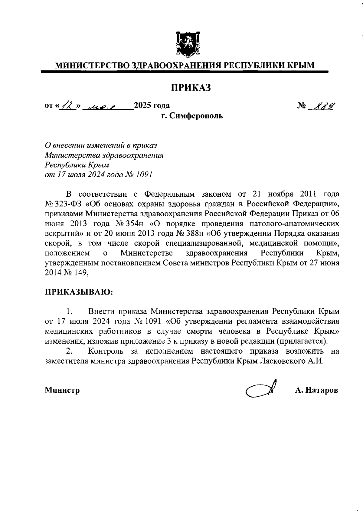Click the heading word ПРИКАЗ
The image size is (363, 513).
[191, 88]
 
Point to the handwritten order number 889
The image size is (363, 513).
[325, 106]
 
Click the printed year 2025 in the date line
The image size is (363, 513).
[143, 105]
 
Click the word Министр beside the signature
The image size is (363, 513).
[62, 390]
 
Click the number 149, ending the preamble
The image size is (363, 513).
[81, 273]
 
